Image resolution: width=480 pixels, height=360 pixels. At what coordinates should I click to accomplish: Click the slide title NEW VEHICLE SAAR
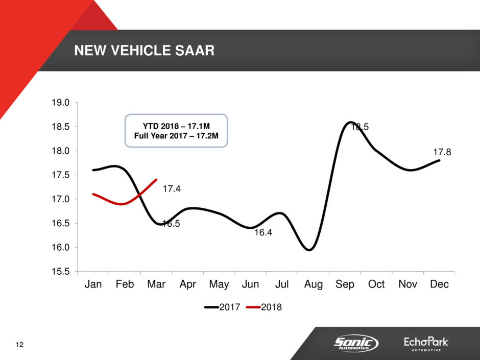tap(145, 51)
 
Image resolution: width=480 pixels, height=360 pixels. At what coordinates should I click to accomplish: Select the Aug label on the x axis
tap(314, 284)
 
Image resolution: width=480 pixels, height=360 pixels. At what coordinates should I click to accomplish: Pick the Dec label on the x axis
tap(439, 284)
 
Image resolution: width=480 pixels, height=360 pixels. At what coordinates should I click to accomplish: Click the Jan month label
tap(93, 284)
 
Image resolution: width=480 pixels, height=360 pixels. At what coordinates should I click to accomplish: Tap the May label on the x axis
tap(219, 284)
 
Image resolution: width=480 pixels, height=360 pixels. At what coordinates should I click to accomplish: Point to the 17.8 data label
tap(442, 152)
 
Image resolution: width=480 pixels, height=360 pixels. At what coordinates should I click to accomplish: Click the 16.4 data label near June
tap(263, 233)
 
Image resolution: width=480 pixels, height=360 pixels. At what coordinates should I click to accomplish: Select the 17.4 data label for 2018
tap(172, 189)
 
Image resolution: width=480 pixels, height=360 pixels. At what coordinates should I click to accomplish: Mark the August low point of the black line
tap(309, 250)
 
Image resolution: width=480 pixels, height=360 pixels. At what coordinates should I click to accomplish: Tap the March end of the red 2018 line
tap(156, 179)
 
